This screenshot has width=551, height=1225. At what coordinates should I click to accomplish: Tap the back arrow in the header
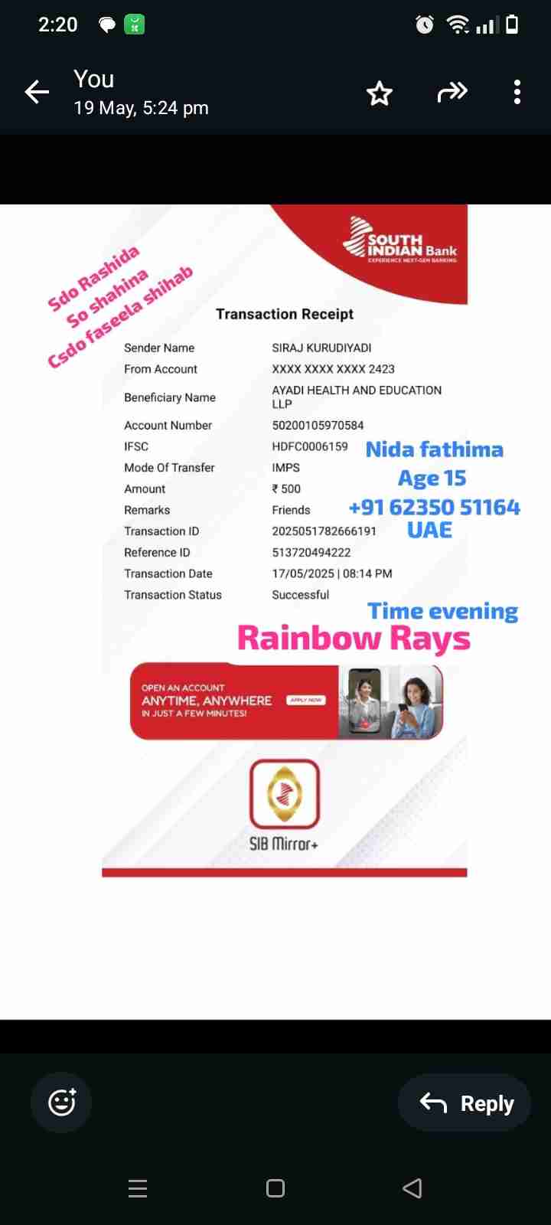[x=37, y=93]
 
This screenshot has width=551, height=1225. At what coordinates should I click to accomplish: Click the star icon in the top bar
[x=380, y=93]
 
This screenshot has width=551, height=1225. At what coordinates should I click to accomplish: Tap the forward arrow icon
[x=452, y=93]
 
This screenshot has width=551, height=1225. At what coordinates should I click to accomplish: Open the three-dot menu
[x=517, y=92]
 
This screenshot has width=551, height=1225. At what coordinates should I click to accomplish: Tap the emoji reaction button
[x=61, y=1102]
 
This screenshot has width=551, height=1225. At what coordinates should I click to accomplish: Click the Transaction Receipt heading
[x=285, y=314]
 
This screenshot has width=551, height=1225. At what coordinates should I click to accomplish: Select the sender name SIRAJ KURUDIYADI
[x=321, y=348]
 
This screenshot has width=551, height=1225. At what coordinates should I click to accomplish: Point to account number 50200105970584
[x=318, y=425]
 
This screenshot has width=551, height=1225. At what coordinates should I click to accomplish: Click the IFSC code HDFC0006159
[x=310, y=446]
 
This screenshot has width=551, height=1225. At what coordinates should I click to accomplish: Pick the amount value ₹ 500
[x=287, y=488]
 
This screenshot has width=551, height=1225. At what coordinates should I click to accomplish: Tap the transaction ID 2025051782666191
[x=324, y=531]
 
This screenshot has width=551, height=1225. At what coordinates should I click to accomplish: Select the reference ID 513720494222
[x=311, y=552]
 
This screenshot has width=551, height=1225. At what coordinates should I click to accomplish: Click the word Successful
[x=301, y=595]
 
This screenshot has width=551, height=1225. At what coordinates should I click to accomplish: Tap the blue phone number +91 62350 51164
[x=434, y=507]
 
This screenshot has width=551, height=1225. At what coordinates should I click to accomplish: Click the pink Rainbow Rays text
[x=354, y=638]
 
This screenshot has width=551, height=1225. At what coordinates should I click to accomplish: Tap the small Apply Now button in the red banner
[x=306, y=700]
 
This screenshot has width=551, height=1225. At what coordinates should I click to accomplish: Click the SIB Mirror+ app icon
[x=285, y=794]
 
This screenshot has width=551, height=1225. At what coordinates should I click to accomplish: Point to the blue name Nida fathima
[x=434, y=449]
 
